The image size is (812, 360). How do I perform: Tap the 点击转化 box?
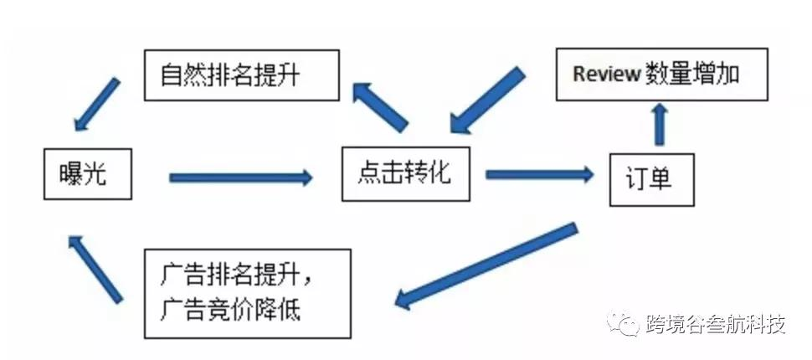click(x=404, y=173)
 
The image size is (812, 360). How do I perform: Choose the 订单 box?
click(x=652, y=179)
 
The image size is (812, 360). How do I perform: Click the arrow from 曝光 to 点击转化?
click(x=240, y=177)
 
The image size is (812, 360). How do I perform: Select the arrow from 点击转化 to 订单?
click(x=538, y=174)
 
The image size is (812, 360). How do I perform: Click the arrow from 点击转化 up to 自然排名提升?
click(x=380, y=107)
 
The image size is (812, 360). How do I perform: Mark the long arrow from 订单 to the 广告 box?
click(x=486, y=264)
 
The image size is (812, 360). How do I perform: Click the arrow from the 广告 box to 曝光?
click(x=96, y=267)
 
